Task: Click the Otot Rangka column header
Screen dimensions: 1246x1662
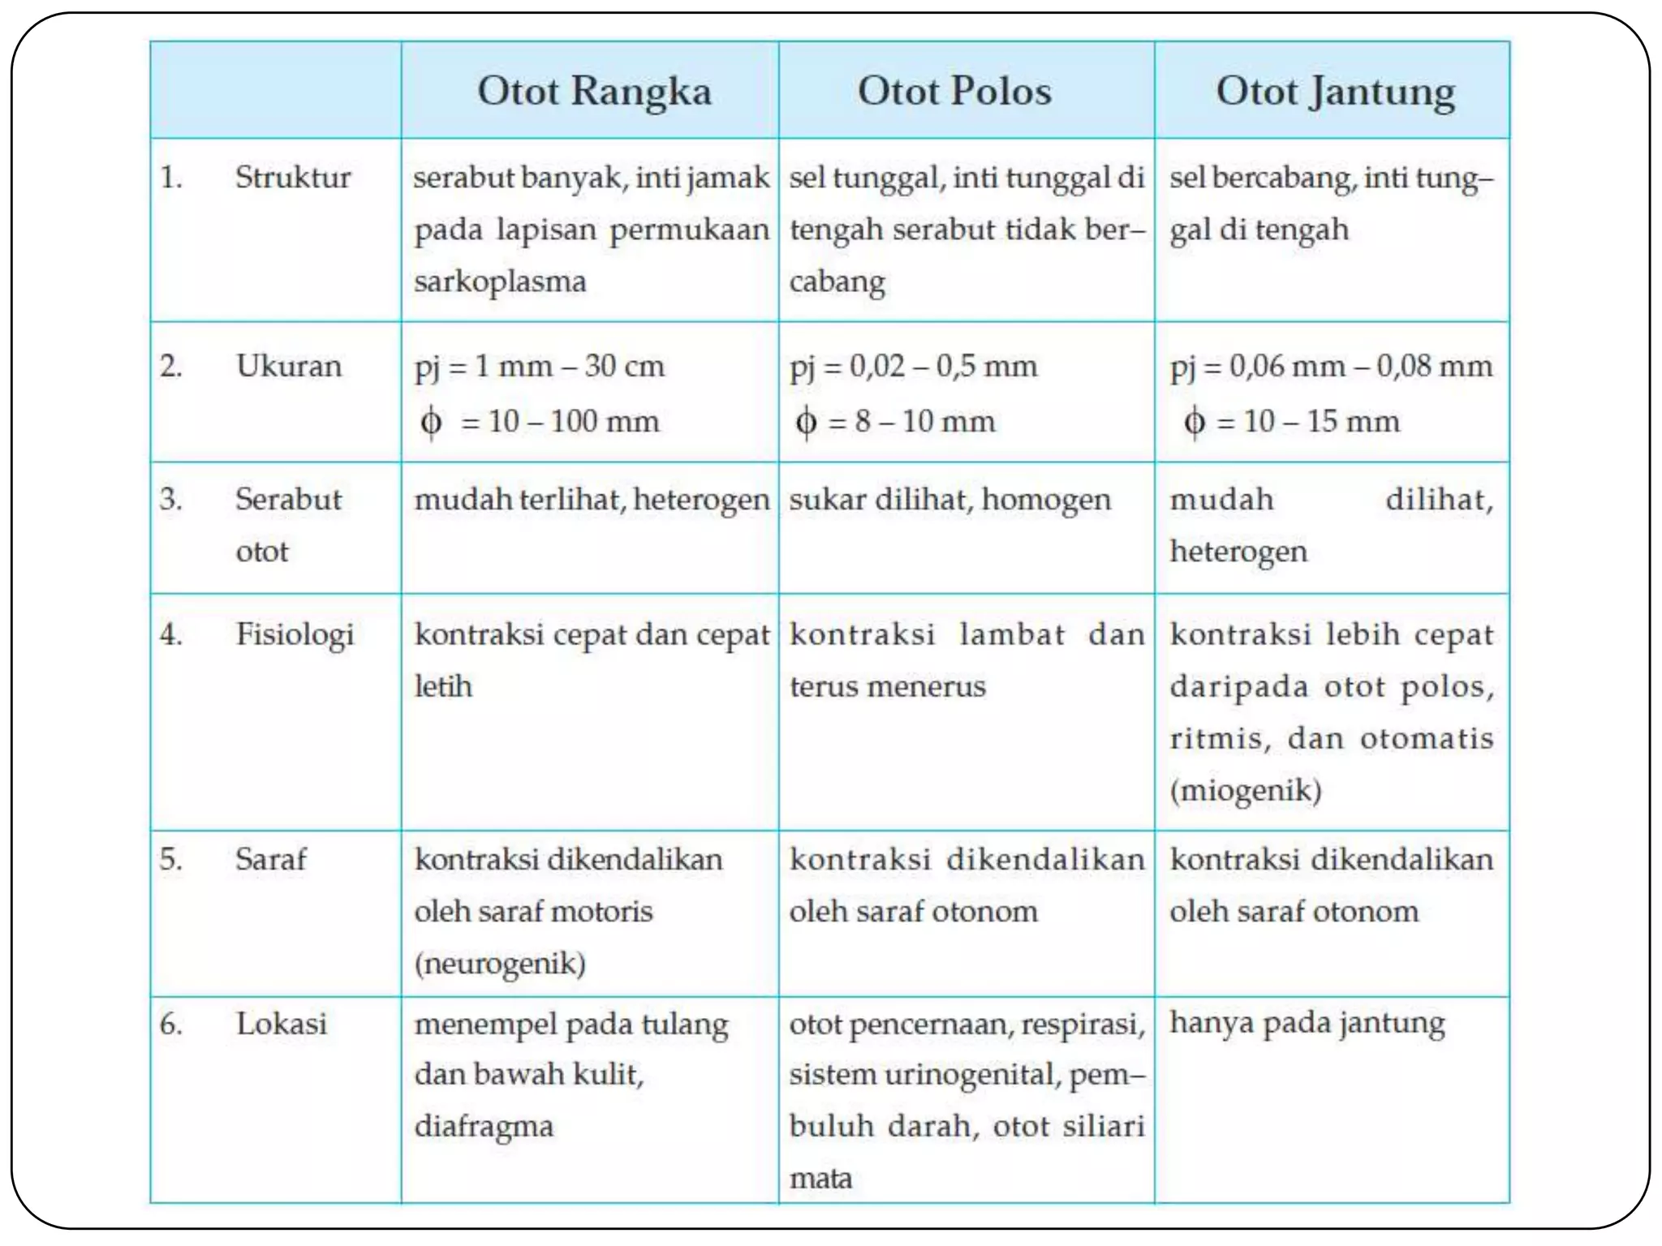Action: (x=594, y=91)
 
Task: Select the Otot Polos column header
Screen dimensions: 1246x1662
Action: (x=954, y=91)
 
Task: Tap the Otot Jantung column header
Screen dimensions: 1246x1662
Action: (x=1335, y=92)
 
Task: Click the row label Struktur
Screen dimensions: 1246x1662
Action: (x=293, y=178)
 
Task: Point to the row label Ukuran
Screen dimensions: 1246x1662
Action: (x=289, y=367)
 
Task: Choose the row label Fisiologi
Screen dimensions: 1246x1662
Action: (x=295, y=634)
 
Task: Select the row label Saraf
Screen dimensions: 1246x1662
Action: (x=271, y=859)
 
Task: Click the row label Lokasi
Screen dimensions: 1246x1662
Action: (x=282, y=1024)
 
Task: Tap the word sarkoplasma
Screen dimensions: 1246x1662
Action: (x=500, y=281)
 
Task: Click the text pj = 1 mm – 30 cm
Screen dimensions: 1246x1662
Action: (x=540, y=367)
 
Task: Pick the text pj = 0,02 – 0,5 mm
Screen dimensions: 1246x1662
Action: (x=914, y=367)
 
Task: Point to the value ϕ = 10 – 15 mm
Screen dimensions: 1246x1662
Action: (x=1292, y=422)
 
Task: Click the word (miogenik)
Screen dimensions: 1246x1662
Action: (x=1246, y=790)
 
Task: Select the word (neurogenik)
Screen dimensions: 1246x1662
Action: (x=500, y=964)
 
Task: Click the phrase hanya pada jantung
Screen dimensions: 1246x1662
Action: (x=1307, y=1024)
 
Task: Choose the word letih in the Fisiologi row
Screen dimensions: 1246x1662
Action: (x=443, y=686)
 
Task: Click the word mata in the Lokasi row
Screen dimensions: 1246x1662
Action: (x=820, y=1178)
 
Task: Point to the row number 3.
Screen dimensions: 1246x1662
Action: (x=170, y=499)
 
